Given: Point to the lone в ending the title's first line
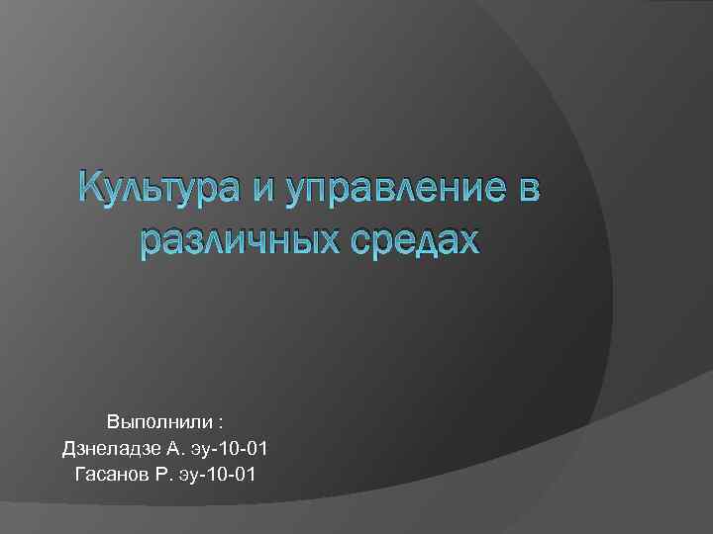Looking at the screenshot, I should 527,191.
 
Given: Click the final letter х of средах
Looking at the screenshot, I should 466,242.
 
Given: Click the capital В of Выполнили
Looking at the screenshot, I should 114,421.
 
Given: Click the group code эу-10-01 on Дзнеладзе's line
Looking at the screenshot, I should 229,449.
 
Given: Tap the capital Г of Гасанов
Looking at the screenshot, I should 80,475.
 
